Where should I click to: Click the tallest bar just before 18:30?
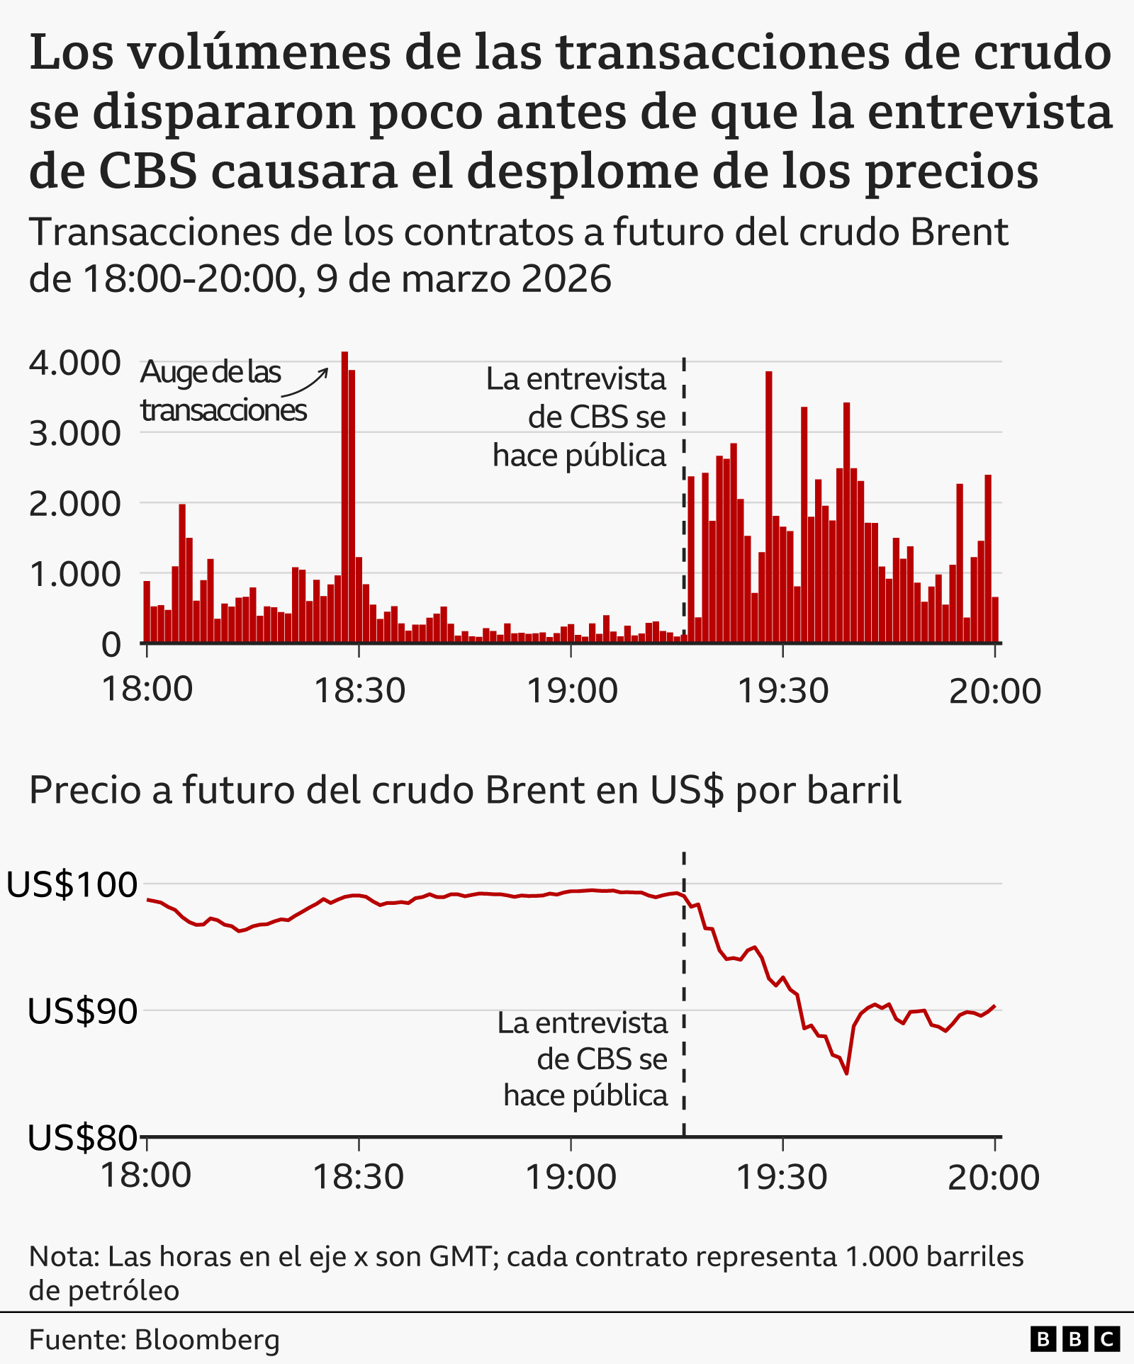(x=344, y=496)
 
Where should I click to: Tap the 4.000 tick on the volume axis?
(x=74, y=363)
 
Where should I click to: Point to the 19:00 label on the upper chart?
(x=571, y=690)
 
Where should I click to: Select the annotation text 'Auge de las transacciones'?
(x=223, y=391)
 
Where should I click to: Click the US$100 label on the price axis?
(x=72, y=884)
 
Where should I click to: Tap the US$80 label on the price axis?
(x=82, y=1137)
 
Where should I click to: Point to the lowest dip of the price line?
(x=847, y=1073)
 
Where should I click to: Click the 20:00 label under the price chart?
(x=994, y=1178)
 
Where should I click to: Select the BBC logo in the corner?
(x=1074, y=1339)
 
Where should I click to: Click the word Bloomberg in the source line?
(x=207, y=1340)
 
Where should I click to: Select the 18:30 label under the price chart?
(x=358, y=1178)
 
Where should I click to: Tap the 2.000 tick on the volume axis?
(x=74, y=504)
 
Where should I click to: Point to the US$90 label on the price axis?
(x=82, y=1011)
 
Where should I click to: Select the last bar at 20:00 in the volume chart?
(x=995, y=620)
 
